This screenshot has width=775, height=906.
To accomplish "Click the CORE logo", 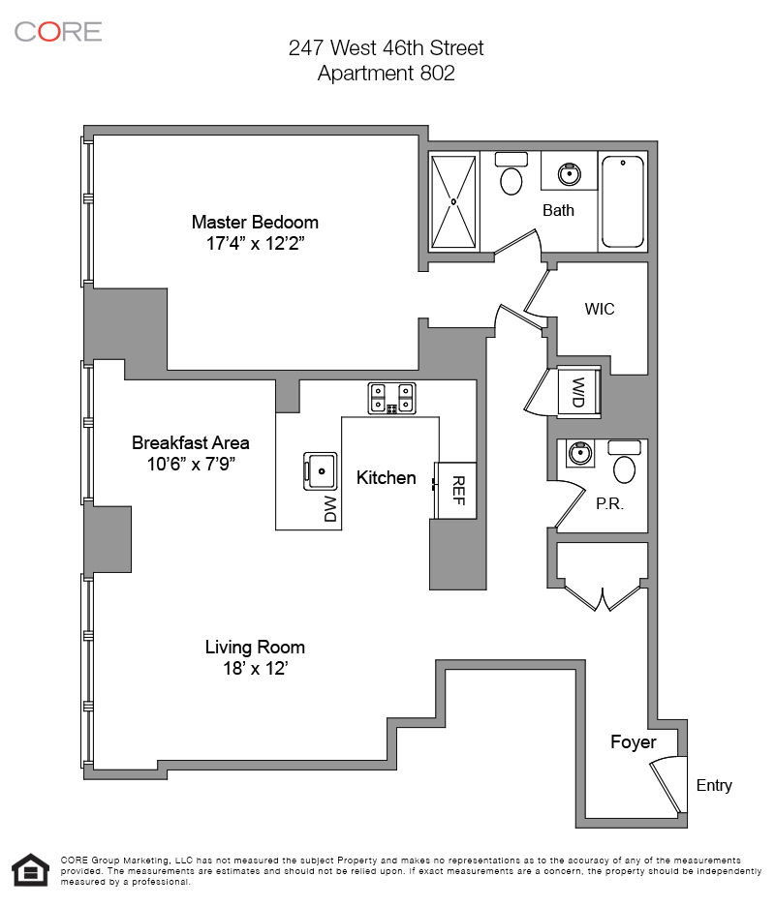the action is (x=58, y=31).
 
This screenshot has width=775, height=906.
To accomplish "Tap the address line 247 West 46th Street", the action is (x=386, y=47).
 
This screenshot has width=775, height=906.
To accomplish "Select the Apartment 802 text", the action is (x=386, y=73).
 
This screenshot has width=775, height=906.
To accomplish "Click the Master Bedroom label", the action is (x=255, y=222).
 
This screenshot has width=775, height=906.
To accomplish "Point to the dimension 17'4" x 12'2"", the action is (x=255, y=244).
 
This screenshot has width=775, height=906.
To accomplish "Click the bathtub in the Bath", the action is (x=623, y=202).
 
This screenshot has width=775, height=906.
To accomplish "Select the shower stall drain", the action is (x=453, y=201).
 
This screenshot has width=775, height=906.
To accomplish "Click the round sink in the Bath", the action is (x=568, y=174).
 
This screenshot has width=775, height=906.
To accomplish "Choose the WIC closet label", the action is (x=600, y=310).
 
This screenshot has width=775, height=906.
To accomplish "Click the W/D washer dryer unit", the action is (x=578, y=394).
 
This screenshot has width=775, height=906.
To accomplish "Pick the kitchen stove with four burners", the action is (x=392, y=398).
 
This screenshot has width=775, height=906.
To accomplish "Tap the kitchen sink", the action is (x=320, y=470).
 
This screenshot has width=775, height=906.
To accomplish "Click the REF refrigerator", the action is (x=457, y=490).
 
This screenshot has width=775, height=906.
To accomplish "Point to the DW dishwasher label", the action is (x=330, y=509).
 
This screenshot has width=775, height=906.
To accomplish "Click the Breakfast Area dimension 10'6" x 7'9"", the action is (x=191, y=465).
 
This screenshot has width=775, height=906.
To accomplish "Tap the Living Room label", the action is (x=255, y=648).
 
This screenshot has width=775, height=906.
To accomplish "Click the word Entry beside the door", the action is (x=714, y=785).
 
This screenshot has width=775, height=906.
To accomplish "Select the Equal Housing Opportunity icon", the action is (x=30, y=869).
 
